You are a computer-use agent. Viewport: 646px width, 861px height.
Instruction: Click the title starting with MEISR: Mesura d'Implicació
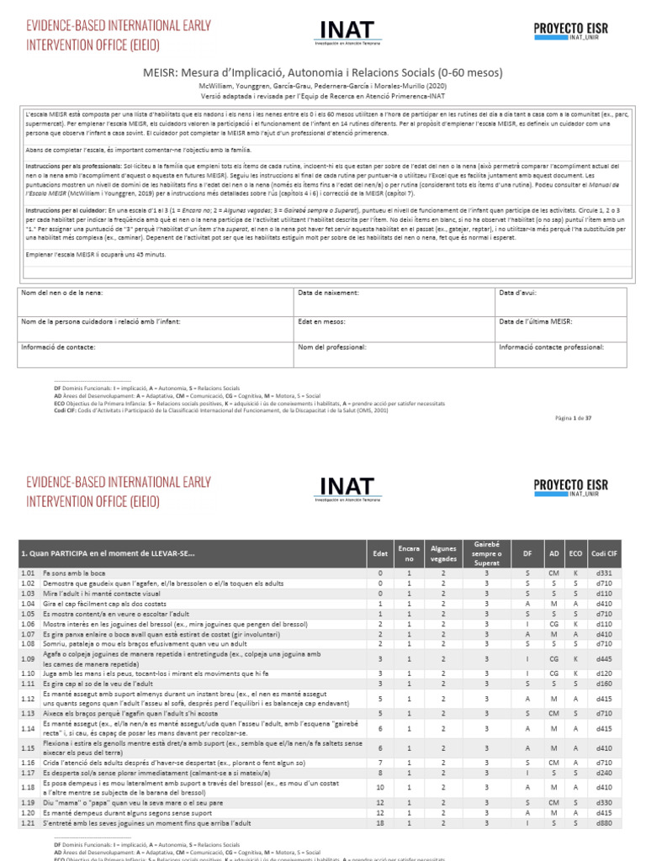pyautogui.click(x=322, y=73)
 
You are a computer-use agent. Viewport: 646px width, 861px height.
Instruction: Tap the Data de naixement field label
pyautogui.click(x=328, y=293)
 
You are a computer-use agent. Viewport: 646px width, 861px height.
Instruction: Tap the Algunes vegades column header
pyautogui.click(x=443, y=553)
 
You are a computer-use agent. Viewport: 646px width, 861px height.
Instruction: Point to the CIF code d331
pyautogui.click(x=603, y=573)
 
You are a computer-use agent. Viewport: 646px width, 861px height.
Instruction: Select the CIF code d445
pyautogui.click(x=603, y=658)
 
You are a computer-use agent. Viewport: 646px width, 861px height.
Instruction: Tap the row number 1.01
pyautogui.click(x=27, y=573)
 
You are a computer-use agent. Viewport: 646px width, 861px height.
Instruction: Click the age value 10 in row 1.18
pyautogui.click(x=380, y=787)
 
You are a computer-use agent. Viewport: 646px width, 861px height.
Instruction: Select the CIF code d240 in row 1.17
pyautogui.click(x=603, y=771)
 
